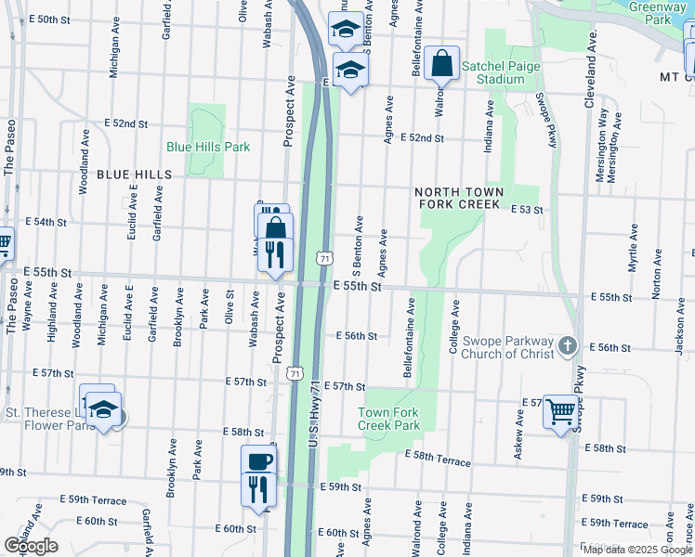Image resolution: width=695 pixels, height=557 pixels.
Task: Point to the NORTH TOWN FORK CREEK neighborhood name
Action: [x=461, y=198]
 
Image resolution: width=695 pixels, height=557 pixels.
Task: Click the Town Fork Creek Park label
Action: [x=389, y=419]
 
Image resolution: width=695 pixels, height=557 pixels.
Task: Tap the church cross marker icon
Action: [x=569, y=347]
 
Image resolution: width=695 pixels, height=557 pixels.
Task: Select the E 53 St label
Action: [x=527, y=210]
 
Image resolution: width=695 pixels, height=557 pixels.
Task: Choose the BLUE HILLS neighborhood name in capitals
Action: [x=134, y=175]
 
